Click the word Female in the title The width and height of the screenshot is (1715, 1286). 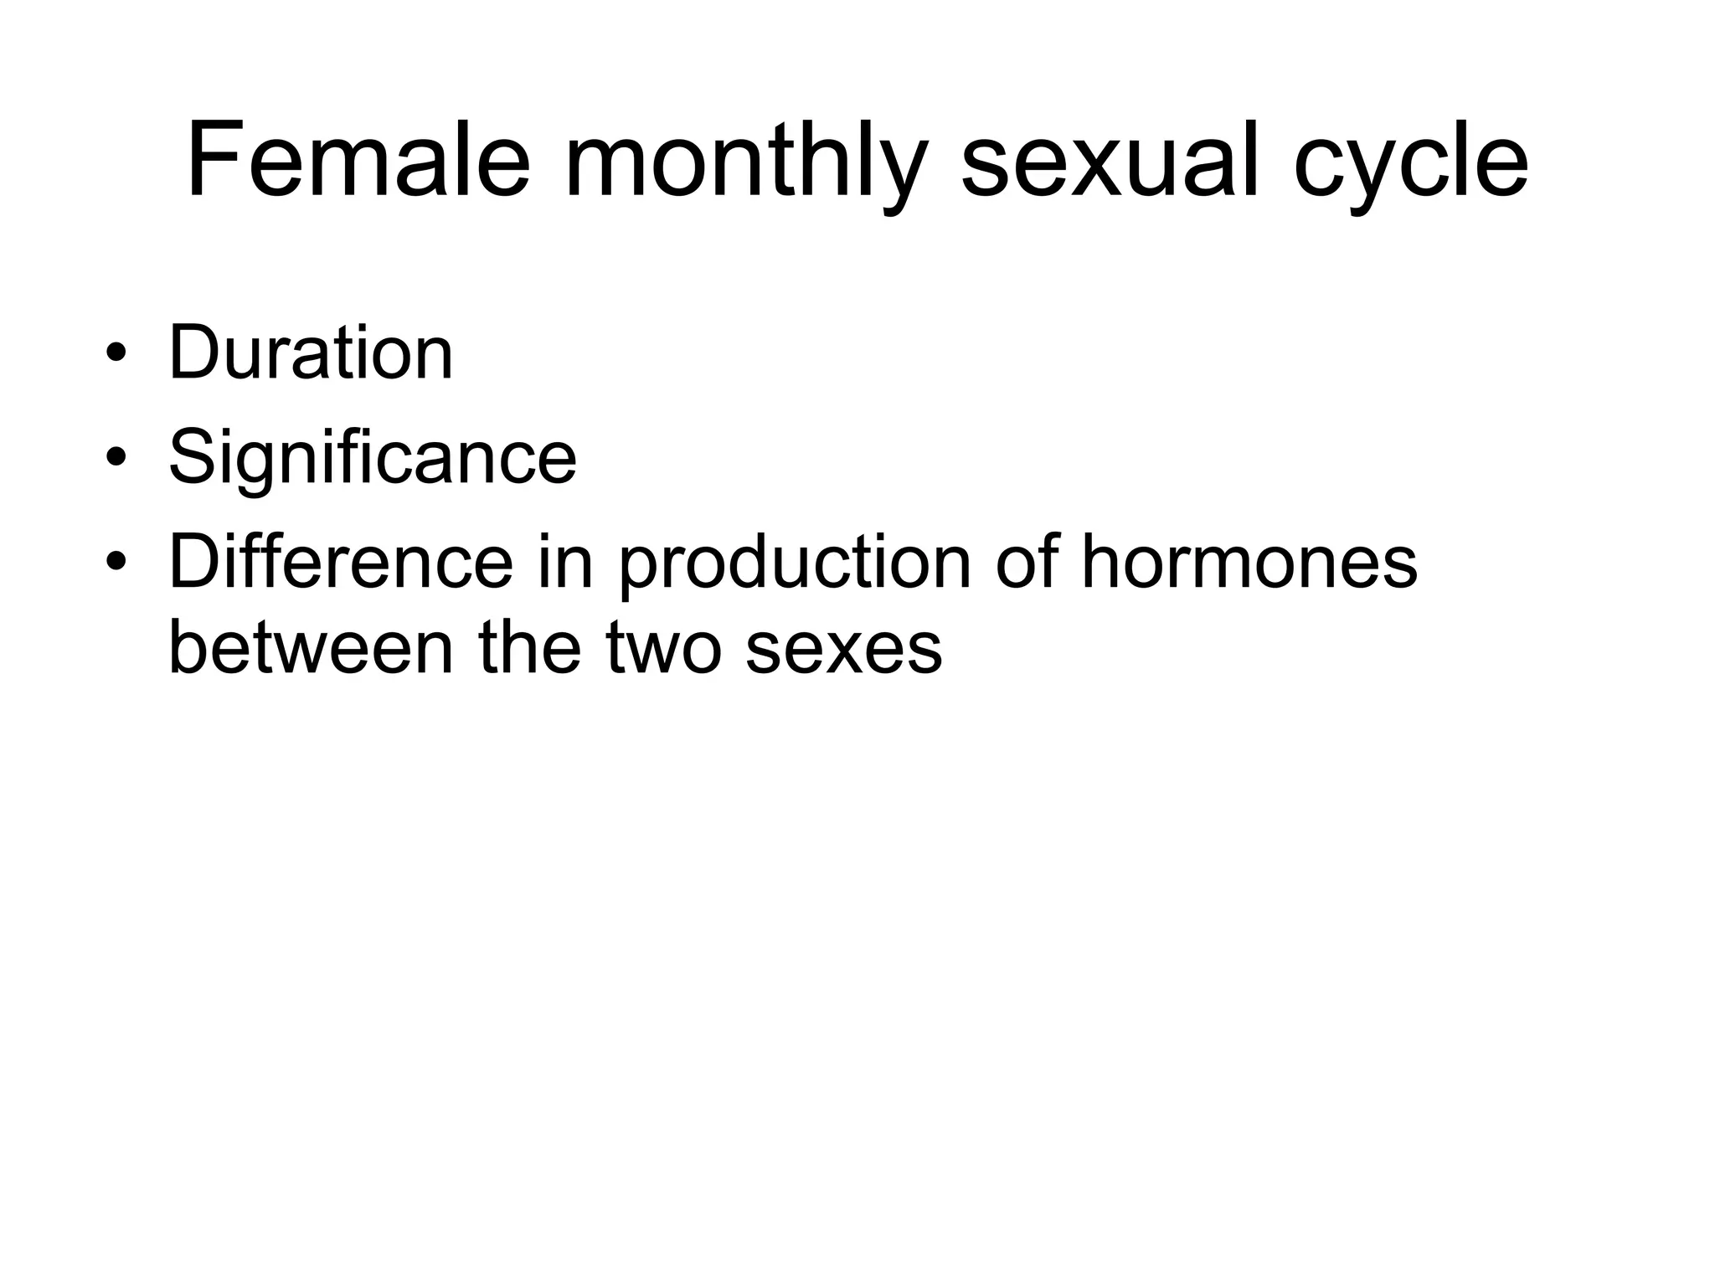tap(358, 159)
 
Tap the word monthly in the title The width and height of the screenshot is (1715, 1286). tap(745, 161)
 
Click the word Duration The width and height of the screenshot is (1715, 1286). tap(311, 352)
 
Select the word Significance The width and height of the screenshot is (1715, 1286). tap(373, 457)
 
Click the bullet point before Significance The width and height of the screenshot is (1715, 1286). tap(116, 458)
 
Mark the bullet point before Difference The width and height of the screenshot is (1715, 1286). tap(116, 562)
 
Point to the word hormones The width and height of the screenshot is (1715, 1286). tap(1249, 562)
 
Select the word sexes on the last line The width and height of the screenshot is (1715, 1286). tap(843, 650)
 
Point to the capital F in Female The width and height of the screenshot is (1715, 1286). tap(211, 159)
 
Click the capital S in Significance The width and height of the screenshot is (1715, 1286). tap(193, 457)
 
